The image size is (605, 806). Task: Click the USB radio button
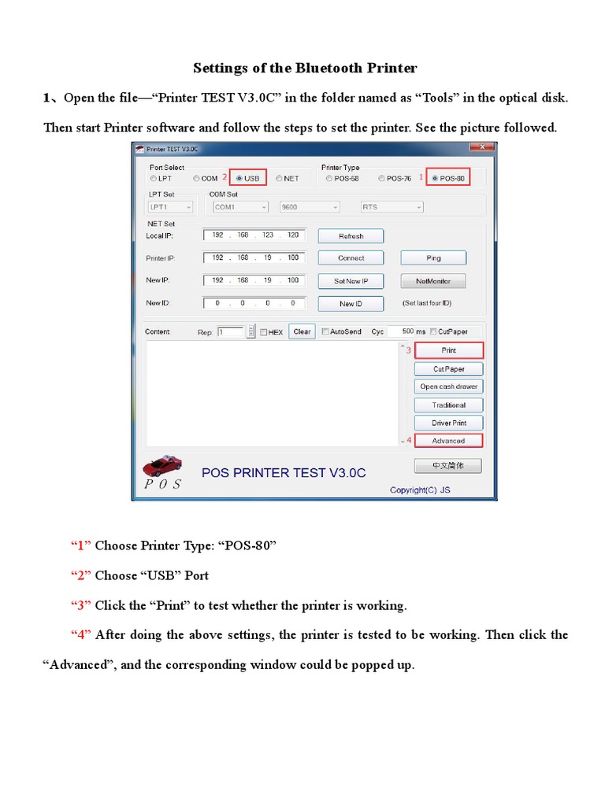[239, 179]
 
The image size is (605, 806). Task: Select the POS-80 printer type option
[436, 179]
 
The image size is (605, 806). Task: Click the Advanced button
[448, 441]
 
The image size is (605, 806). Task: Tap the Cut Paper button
[448, 368]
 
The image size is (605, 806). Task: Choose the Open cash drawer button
[448, 386]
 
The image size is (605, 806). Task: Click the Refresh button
[351, 236]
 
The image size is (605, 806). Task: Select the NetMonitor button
[433, 281]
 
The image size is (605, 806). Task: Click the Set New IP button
[351, 281]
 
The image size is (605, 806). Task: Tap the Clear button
[302, 332]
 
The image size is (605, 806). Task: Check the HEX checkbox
[264, 332]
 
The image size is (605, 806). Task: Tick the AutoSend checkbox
[325, 332]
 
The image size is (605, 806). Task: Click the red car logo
[162, 464]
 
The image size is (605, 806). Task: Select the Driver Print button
[448, 423]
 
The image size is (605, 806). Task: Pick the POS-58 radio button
[329, 179]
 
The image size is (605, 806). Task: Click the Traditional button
[448, 405]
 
